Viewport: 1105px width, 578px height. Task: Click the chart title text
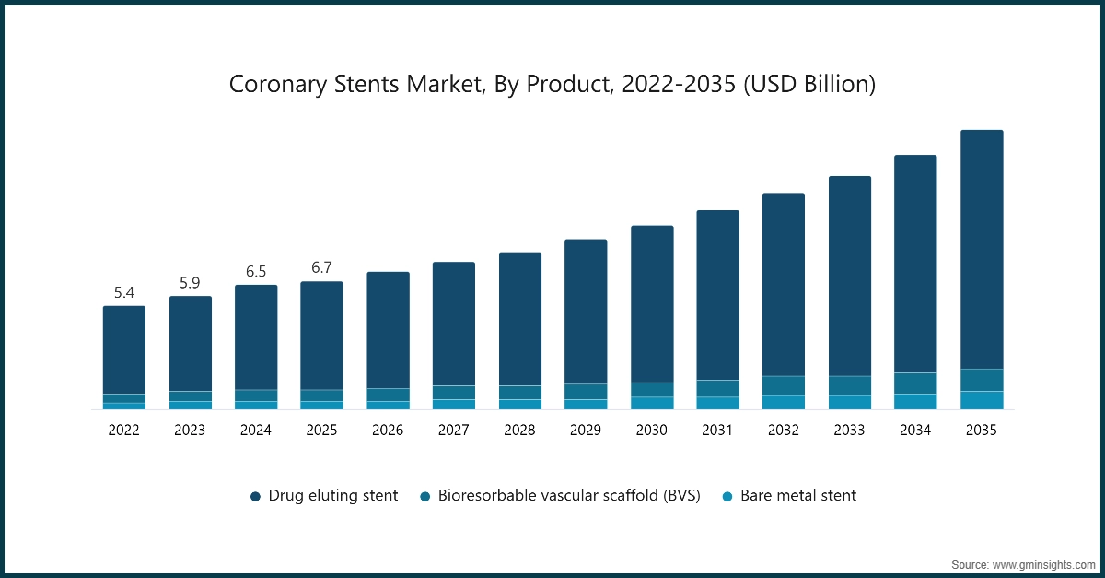pyautogui.click(x=552, y=85)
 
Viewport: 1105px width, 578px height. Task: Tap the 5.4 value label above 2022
pyautogui.click(x=124, y=293)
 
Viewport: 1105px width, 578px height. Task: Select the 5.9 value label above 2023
pyautogui.click(x=190, y=283)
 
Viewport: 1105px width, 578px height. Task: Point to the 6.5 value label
pyautogui.click(x=256, y=272)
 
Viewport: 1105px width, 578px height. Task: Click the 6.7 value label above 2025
pyautogui.click(x=321, y=268)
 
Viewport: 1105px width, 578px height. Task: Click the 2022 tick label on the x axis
pyautogui.click(x=124, y=430)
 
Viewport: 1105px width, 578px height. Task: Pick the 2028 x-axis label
pyautogui.click(x=519, y=430)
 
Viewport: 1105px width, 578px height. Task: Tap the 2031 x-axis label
pyautogui.click(x=717, y=430)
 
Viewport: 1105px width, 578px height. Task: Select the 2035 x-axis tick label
pyautogui.click(x=981, y=430)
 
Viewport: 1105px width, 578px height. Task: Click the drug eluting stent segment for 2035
pyautogui.click(x=982, y=249)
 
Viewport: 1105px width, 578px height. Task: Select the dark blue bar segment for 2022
pyautogui.click(x=124, y=350)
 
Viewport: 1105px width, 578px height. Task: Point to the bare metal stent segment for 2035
pyautogui.click(x=982, y=400)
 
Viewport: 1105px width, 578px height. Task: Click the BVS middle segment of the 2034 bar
pyautogui.click(x=915, y=383)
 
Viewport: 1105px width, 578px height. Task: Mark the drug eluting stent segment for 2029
pyautogui.click(x=586, y=312)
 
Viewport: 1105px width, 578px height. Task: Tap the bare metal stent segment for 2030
pyautogui.click(x=652, y=403)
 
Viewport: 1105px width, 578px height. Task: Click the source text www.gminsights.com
pyautogui.click(x=1022, y=563)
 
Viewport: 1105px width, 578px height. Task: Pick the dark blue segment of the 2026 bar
pyautogui.click(x=388, y=330)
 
